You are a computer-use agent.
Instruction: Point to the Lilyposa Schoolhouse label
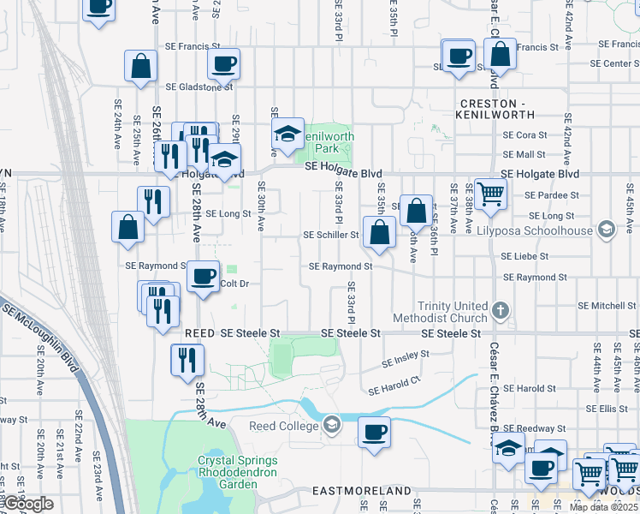click(x=547, y=230)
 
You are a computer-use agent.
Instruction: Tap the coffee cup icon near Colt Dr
click(x=204, y=276)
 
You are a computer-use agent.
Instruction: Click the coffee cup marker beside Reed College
click(x=374, y=432)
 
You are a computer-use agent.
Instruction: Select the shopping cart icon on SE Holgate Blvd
click(x=491, y=194)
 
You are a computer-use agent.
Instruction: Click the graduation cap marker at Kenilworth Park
click(x=288, y=133)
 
